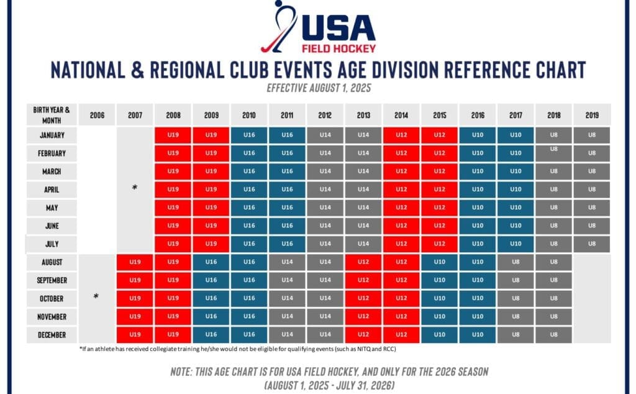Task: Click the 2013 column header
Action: pos(363,115)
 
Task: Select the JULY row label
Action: pos(52,244)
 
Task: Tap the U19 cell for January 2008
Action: pos(173,134)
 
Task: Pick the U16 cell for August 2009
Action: pos(211,262)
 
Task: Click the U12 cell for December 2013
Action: pos(363,335)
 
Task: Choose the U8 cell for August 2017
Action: pos(515,262)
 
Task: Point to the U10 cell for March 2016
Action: pos(477,171)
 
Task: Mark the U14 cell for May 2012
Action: pos(325,208)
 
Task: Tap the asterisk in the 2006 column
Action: pos(96,298)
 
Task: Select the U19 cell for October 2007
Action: pos(135,298)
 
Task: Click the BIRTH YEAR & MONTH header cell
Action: pos(52,114)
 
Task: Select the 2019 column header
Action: pos(591,115)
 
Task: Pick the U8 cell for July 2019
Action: pos(591,244)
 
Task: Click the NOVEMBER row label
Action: pos(52,316)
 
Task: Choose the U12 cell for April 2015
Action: pos(439,189)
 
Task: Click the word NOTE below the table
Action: pos(184,372)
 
